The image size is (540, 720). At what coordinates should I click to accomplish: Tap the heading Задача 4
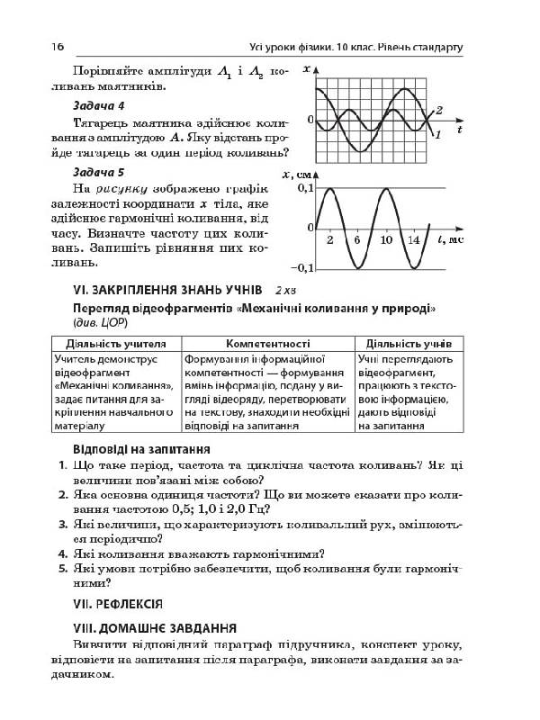coord(101,105)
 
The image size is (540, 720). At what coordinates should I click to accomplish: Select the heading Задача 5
coord(101,171)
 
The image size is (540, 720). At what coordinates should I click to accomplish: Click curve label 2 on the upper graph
coord(439,110)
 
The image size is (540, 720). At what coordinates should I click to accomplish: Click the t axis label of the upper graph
coord(459,130)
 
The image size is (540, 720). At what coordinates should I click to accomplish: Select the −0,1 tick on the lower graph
coord(303,268)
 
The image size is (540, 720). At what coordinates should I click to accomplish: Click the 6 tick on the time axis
coord(357,241)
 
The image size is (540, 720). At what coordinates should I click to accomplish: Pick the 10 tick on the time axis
coord(386,241)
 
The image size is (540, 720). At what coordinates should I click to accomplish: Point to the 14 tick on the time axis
coord(414,241)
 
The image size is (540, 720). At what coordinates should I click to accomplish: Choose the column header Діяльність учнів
coord(410,343)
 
